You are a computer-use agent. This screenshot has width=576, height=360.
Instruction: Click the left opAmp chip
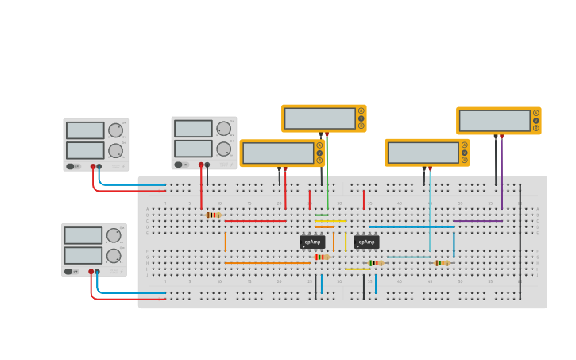[312, 242]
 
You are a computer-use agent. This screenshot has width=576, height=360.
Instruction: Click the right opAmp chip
[366, 242]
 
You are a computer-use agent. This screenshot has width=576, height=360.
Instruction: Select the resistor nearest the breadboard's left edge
[212, 215]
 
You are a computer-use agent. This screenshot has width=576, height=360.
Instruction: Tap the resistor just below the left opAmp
[321, 257]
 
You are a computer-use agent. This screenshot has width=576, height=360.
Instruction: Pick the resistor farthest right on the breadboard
[442, 263]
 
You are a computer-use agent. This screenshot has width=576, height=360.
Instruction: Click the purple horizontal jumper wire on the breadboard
[477, 221]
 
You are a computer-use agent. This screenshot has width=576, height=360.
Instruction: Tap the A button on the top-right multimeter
[536, 113]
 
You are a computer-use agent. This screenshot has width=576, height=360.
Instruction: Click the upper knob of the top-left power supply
[116, 130]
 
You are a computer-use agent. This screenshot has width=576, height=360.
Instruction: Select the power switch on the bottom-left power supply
[69, 272]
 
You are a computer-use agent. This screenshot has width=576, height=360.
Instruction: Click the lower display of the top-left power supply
[85, 150]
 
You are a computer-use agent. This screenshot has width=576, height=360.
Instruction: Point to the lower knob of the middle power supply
[223, 149]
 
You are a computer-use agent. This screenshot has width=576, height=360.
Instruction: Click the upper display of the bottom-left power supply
[83, 235]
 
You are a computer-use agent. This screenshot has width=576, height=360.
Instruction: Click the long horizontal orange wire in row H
[266, 263]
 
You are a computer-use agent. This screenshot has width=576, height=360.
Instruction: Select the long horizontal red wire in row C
[255, 221]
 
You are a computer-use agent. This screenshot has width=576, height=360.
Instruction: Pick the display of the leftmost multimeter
[278, 153]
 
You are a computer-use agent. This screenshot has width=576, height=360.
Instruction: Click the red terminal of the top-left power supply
[92, 167]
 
